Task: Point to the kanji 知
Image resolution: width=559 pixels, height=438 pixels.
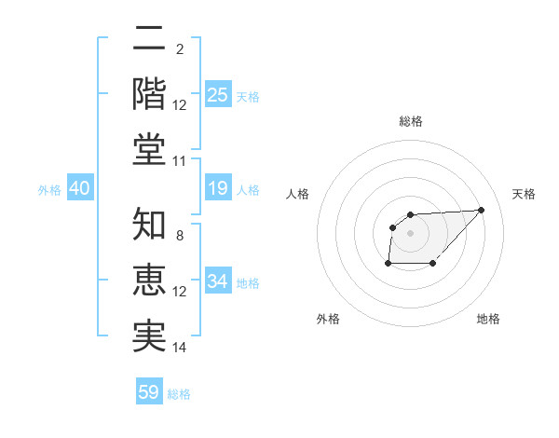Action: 149,224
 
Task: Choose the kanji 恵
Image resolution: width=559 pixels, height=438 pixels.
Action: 149,280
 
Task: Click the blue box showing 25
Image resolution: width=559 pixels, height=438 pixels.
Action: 217,95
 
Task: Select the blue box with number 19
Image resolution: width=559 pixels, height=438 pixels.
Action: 217,189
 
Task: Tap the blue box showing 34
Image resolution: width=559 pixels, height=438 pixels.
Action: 217,281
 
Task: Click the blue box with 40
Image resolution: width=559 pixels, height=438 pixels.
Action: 79,189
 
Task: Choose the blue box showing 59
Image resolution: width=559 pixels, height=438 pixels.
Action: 149,392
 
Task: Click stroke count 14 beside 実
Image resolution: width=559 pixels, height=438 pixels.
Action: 180,348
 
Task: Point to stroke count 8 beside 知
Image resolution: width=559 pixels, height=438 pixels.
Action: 180,235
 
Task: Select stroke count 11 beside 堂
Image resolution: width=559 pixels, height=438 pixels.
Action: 180,161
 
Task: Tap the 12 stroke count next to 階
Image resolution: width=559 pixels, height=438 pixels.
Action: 180,104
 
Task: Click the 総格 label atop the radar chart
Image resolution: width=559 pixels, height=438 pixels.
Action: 411,121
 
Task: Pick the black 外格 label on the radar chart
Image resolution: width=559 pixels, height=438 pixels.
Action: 328,319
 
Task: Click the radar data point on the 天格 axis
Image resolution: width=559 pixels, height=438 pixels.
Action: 482,210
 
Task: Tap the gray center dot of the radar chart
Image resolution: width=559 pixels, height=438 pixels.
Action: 411,232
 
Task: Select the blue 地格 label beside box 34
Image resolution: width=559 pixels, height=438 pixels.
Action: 249,282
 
